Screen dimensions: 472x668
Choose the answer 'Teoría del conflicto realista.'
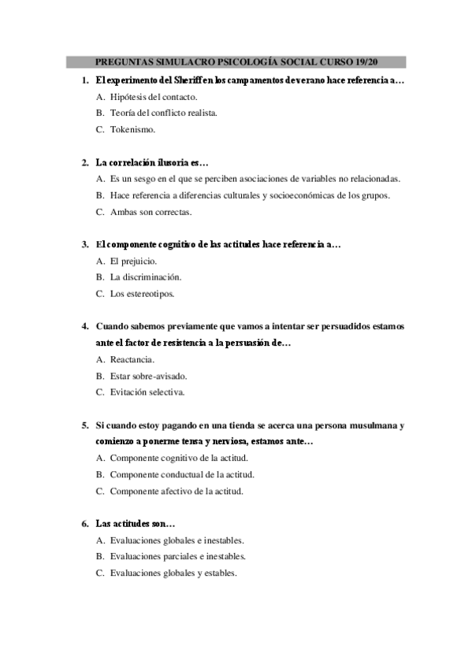[164, 113]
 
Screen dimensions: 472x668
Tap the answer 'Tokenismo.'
[132, 129]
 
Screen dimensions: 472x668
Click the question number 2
[85, 162]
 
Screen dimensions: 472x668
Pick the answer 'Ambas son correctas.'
[151, 212]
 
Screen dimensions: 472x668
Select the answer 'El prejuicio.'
[133, 261]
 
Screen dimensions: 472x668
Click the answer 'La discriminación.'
[146, 277]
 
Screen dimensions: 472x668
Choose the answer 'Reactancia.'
[132, 359]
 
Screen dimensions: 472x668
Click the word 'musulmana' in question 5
[374, 425]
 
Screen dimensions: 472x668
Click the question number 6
[85, 524]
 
